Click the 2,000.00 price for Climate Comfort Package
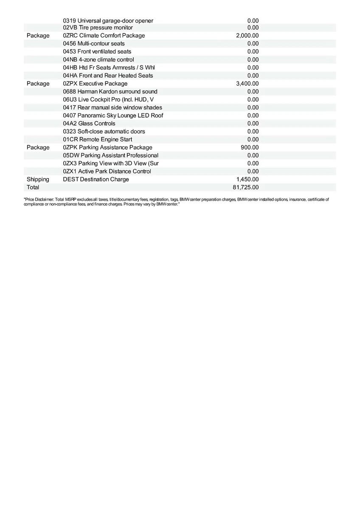(x=247, y=36)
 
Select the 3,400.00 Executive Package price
(x=247, y=84)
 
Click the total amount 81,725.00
(x=246, y=187)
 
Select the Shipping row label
(x=38, y=179)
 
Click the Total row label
(x=33, y=187)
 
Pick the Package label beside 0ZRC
(x=38, y=36)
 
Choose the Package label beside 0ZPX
(x=38, y=84)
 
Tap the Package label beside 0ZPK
(x=38, y=148)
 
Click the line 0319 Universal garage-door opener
(x=108, y=21)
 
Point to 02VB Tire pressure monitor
(x=98, y=28)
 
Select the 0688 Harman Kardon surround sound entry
(x=110, y=92)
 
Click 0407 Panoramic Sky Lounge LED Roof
(x=113, y=115)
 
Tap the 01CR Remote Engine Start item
(x=97, y=140)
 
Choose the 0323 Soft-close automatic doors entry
(x=104, y=131)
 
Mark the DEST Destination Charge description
(x=96, y=179)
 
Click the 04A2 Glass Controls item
(x=89, y=123)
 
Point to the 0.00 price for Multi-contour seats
(x=253, y=44)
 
